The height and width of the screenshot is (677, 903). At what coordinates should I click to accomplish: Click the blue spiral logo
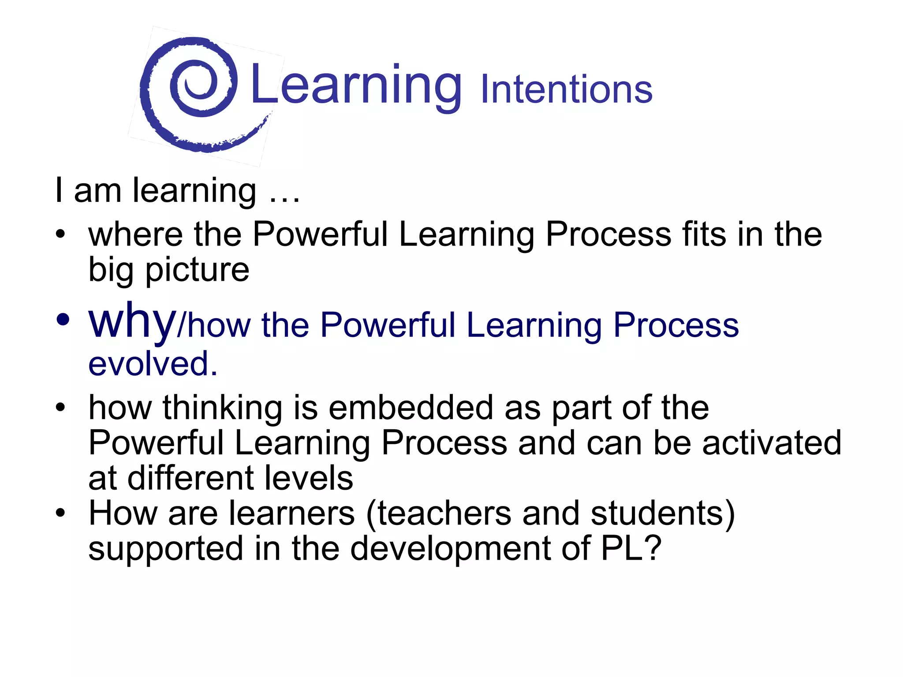(190, 93)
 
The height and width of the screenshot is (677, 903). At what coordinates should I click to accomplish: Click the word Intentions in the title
(567, 89)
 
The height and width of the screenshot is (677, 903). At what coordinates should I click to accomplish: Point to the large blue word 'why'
(132, 322)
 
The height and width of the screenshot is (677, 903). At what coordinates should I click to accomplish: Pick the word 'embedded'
(411, 408)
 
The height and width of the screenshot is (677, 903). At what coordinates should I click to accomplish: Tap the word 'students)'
(663, 513)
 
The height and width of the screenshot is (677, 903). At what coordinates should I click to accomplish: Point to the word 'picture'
(197, 270)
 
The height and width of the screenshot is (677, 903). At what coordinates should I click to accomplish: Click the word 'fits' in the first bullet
(704, 234)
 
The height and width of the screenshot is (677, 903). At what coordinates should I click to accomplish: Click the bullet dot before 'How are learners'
(60, 513)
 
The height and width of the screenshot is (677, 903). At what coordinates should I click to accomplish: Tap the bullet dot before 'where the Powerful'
(60, 233)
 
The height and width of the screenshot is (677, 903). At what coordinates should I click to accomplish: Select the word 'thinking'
(222, 408)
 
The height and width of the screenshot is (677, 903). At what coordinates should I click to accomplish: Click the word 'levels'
(309, 478)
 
